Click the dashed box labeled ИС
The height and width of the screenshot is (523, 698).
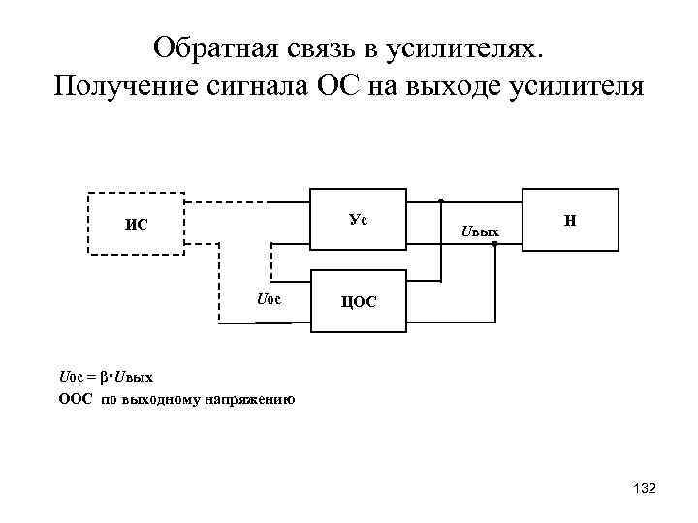click(x=136, y=223)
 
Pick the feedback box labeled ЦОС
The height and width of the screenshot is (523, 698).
click(x=358, y=301)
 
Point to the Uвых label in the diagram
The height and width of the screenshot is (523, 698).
click(x=481, y=232)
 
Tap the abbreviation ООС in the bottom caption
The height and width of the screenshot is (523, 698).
click(x=75, y=398)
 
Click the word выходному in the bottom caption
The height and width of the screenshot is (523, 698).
click(x=160, y=398)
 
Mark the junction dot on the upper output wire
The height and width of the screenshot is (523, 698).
click(x=441, y=200)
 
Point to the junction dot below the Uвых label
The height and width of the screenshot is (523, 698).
click(x=494, y=245)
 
